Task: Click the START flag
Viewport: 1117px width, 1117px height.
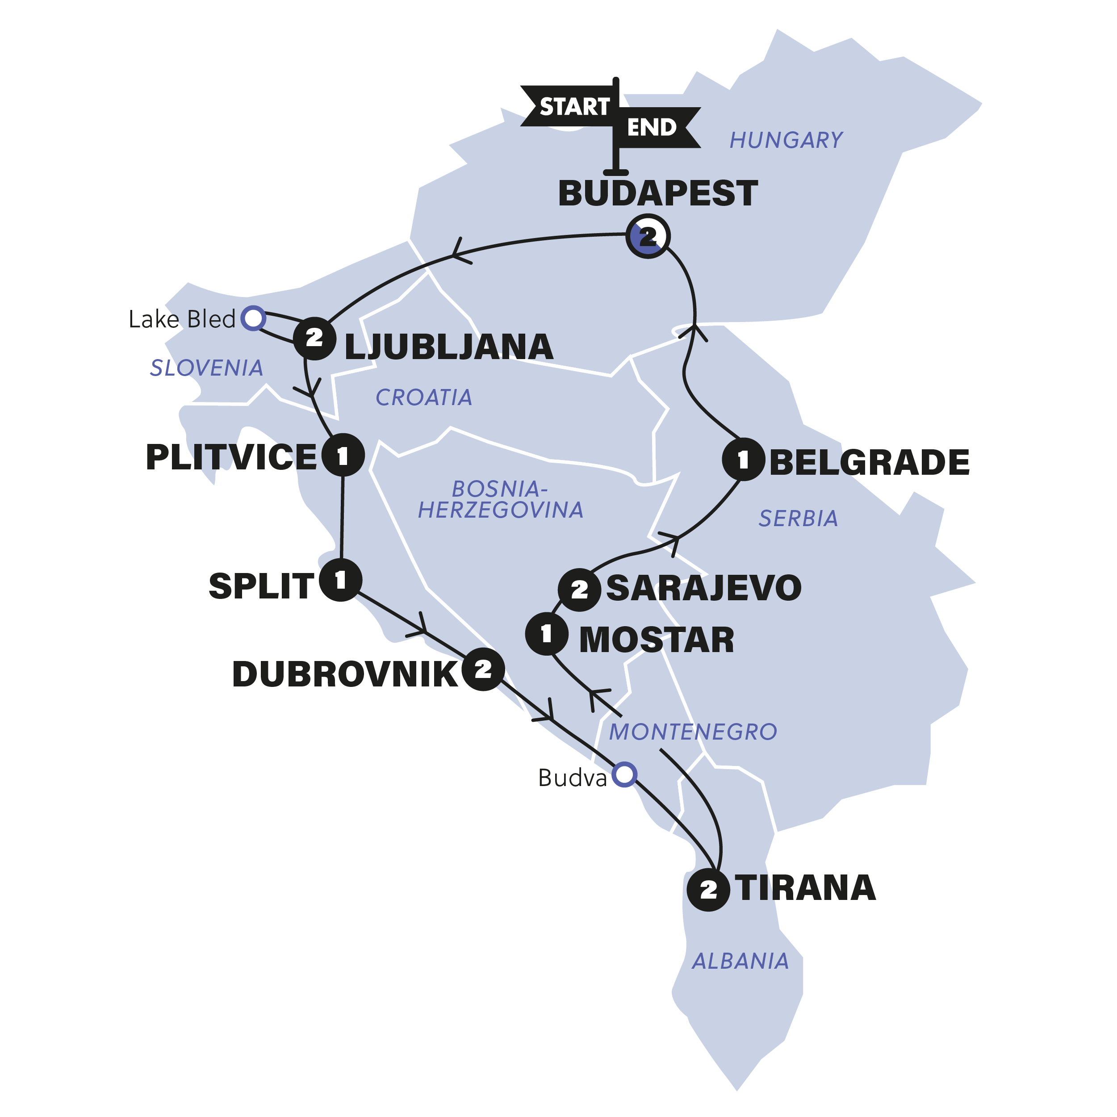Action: (x=569, y=106)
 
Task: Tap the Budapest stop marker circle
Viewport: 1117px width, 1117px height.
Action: (x=648, y=236)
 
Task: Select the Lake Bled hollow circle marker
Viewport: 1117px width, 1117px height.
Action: (x=253, y=318)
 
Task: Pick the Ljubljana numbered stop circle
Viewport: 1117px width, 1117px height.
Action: (x=314, y=338)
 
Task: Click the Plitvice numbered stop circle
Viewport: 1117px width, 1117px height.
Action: (x=343, y=456)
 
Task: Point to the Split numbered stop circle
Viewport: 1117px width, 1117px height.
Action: (x=340, y=580)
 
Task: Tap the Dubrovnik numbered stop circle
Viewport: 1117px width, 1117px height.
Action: (x=483, y=669)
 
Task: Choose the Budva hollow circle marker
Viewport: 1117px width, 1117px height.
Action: (x=625, y=774)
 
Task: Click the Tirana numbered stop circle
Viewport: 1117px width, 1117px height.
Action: (x=708, y=890)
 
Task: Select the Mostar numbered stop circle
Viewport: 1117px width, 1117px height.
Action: (x=546, y=634)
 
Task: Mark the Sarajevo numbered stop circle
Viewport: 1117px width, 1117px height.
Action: (x=579, y=590)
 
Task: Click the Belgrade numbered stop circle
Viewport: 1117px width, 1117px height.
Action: (x=744, y=460)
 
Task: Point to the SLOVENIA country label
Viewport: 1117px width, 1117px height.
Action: (x=206, y=368)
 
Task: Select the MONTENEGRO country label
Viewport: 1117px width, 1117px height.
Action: (x=693, y=732)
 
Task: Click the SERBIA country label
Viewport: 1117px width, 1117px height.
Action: (x=798, y=519)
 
